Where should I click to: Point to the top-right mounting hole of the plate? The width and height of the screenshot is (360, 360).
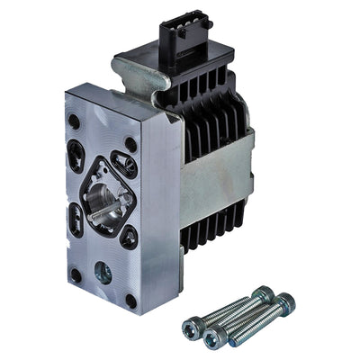(132, 143)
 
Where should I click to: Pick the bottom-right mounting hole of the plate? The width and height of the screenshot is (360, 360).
(132, 301)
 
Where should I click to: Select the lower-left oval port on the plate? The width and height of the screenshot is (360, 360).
(76, 220)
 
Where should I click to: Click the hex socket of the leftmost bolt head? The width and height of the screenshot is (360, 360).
(191, 327)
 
